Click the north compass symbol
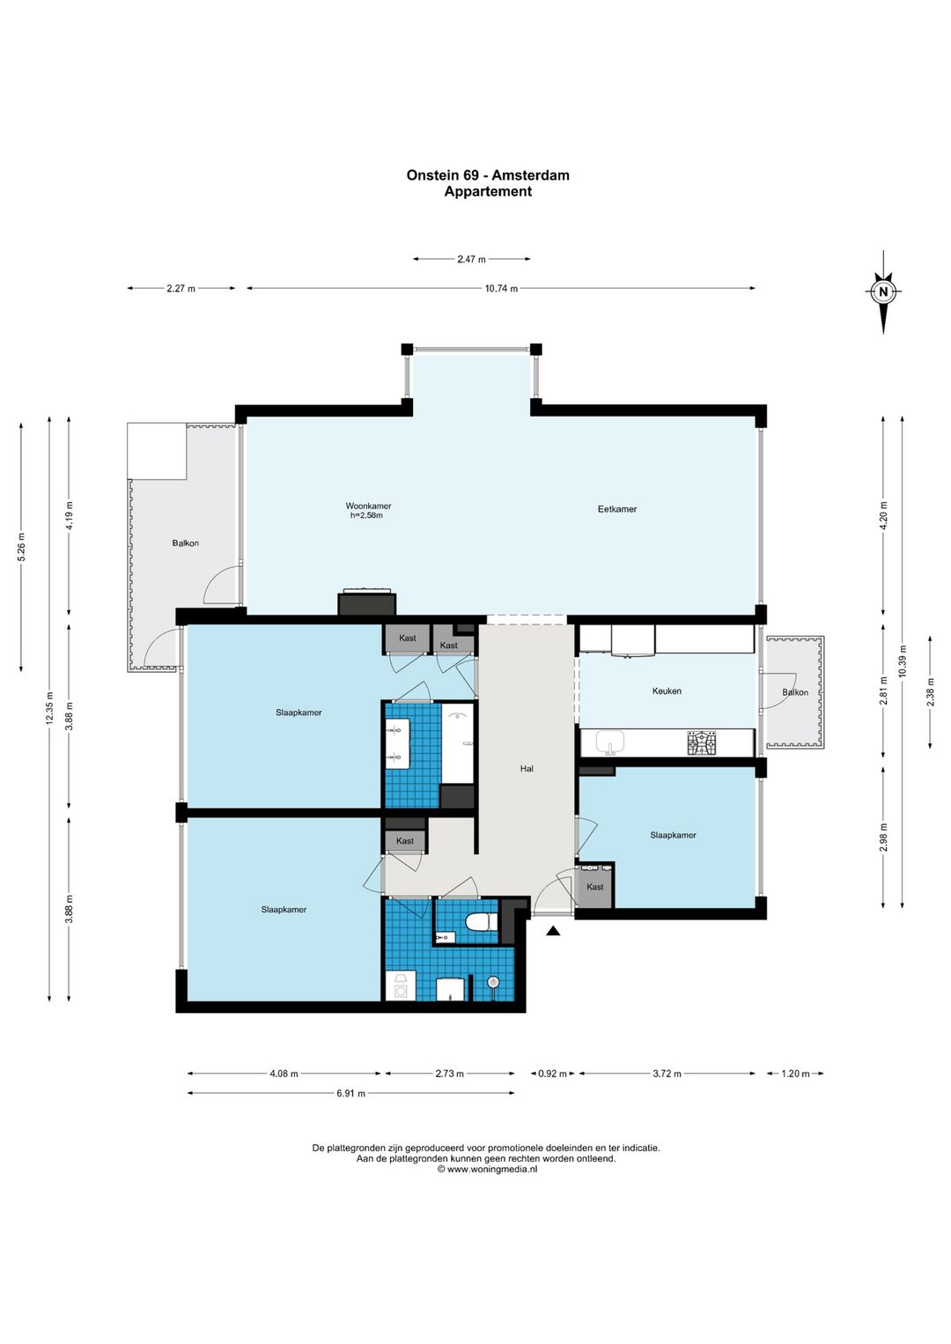(x=882, y=292)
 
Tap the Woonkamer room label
(x=368, y=506)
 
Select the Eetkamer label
(x=616, y=509)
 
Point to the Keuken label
(x=667, y=690)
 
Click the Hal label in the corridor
(x=527, y=768)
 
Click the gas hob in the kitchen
(x=702, y=742)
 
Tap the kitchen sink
(x=610, y=742)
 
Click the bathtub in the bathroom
(x=458, y=743)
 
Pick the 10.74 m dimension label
(x=501, y=288)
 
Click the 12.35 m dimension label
(x=50, y=708)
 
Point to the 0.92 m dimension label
(x=552, y=1074)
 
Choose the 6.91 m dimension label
(x=350, y=1093)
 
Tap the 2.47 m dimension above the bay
(x=472, y=259)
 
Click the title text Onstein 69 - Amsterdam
(x=488, y=175)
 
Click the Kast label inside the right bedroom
(x=594, y=887)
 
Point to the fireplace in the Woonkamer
(x=367, y=602)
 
